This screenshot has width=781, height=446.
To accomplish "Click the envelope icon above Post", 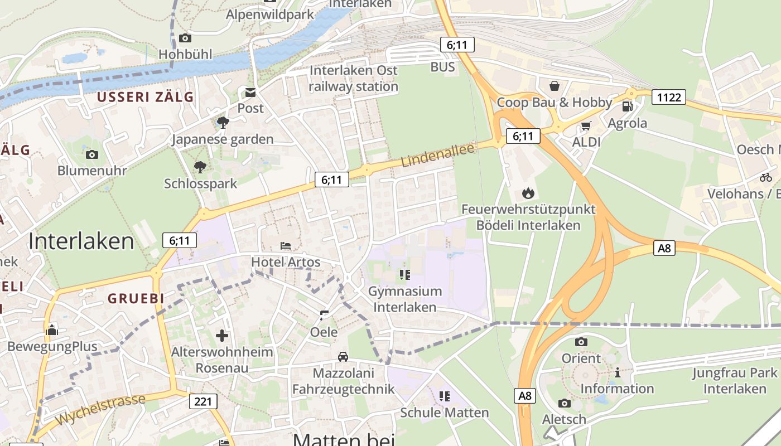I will pos(250,92).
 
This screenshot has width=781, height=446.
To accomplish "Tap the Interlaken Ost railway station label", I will pos(353,79).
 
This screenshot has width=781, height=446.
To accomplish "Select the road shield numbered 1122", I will pos(668,98).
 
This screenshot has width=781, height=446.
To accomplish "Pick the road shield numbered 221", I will pos(203,401).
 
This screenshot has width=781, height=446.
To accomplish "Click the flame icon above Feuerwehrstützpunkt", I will pos(528,193).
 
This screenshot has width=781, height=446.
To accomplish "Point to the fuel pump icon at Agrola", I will pos(627,106).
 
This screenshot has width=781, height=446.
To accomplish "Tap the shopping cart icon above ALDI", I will pos(586,126).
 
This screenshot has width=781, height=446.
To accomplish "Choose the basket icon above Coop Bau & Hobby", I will pos(555,86).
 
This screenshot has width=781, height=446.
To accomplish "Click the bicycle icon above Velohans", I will pos(766,177).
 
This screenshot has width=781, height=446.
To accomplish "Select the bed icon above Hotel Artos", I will pos(286,246).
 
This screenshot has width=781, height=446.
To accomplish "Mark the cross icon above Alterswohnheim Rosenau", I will pos(222,335).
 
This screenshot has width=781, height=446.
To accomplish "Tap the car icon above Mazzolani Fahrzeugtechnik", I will pos(343,357).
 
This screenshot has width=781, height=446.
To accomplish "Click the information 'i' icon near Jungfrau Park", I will pos(618,372).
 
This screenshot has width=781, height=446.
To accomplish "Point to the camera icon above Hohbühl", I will pos(185,38).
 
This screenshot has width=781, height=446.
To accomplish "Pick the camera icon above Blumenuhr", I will pos(92,154).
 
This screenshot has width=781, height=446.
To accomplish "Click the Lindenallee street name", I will pos(438,154).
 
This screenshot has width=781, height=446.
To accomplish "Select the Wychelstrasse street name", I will pos(101,410).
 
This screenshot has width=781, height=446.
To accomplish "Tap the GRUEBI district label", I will pos(136,298).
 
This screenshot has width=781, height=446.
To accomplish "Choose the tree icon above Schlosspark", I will pos(200,167).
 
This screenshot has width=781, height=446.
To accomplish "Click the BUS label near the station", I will pos(443,67).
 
